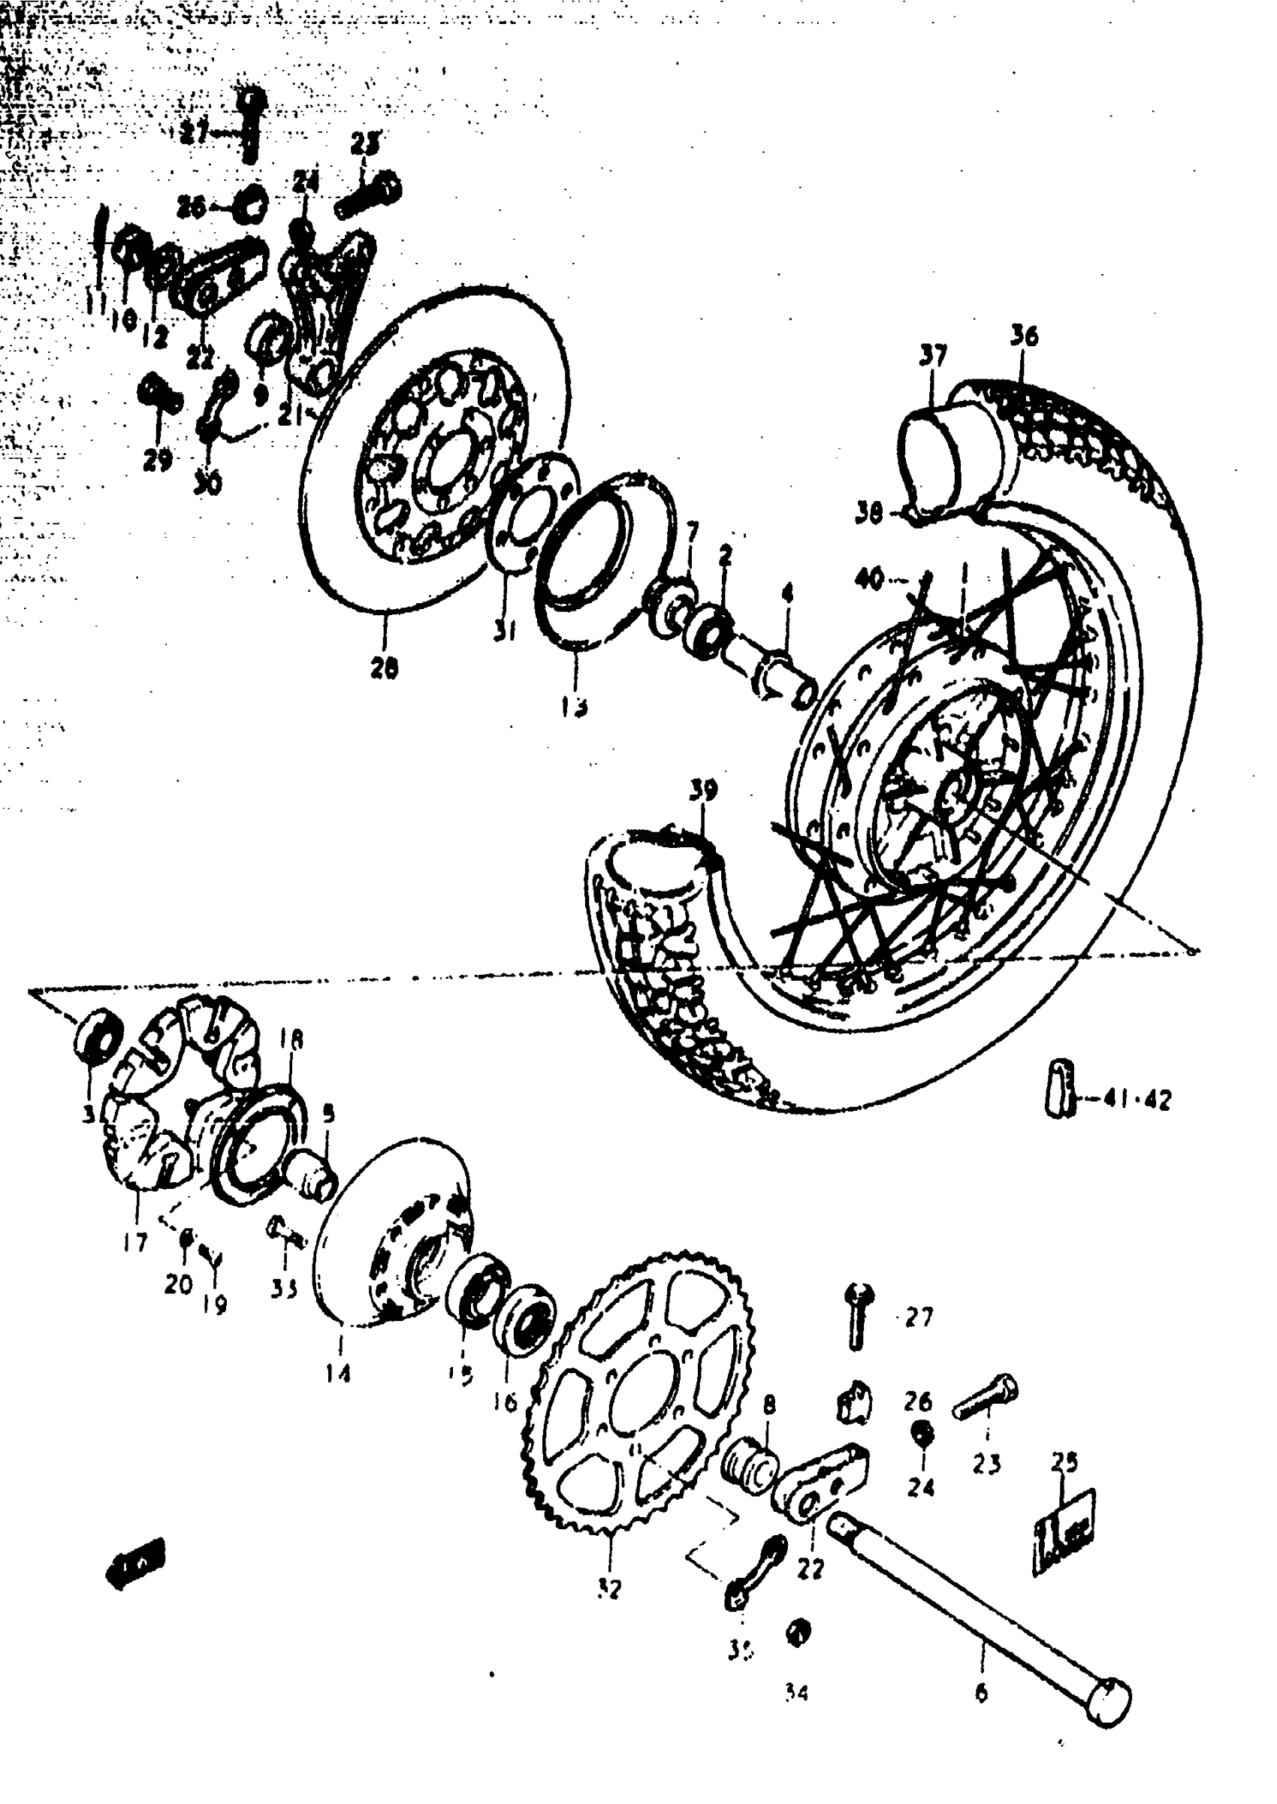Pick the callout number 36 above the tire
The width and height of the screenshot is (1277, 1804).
coord(1023,336)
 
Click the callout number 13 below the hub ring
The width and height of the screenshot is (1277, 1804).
coord(574,707)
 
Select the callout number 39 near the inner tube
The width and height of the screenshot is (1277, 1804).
coord(703,789)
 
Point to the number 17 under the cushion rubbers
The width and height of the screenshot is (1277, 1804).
coord(135,1242)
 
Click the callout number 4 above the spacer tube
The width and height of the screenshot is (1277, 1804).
coord(787,593)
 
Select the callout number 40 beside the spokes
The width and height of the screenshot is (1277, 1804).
coord(869,579)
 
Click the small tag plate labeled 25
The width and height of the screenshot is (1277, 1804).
coord(1063,1529)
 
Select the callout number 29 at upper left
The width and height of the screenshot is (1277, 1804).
coord(157,459)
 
